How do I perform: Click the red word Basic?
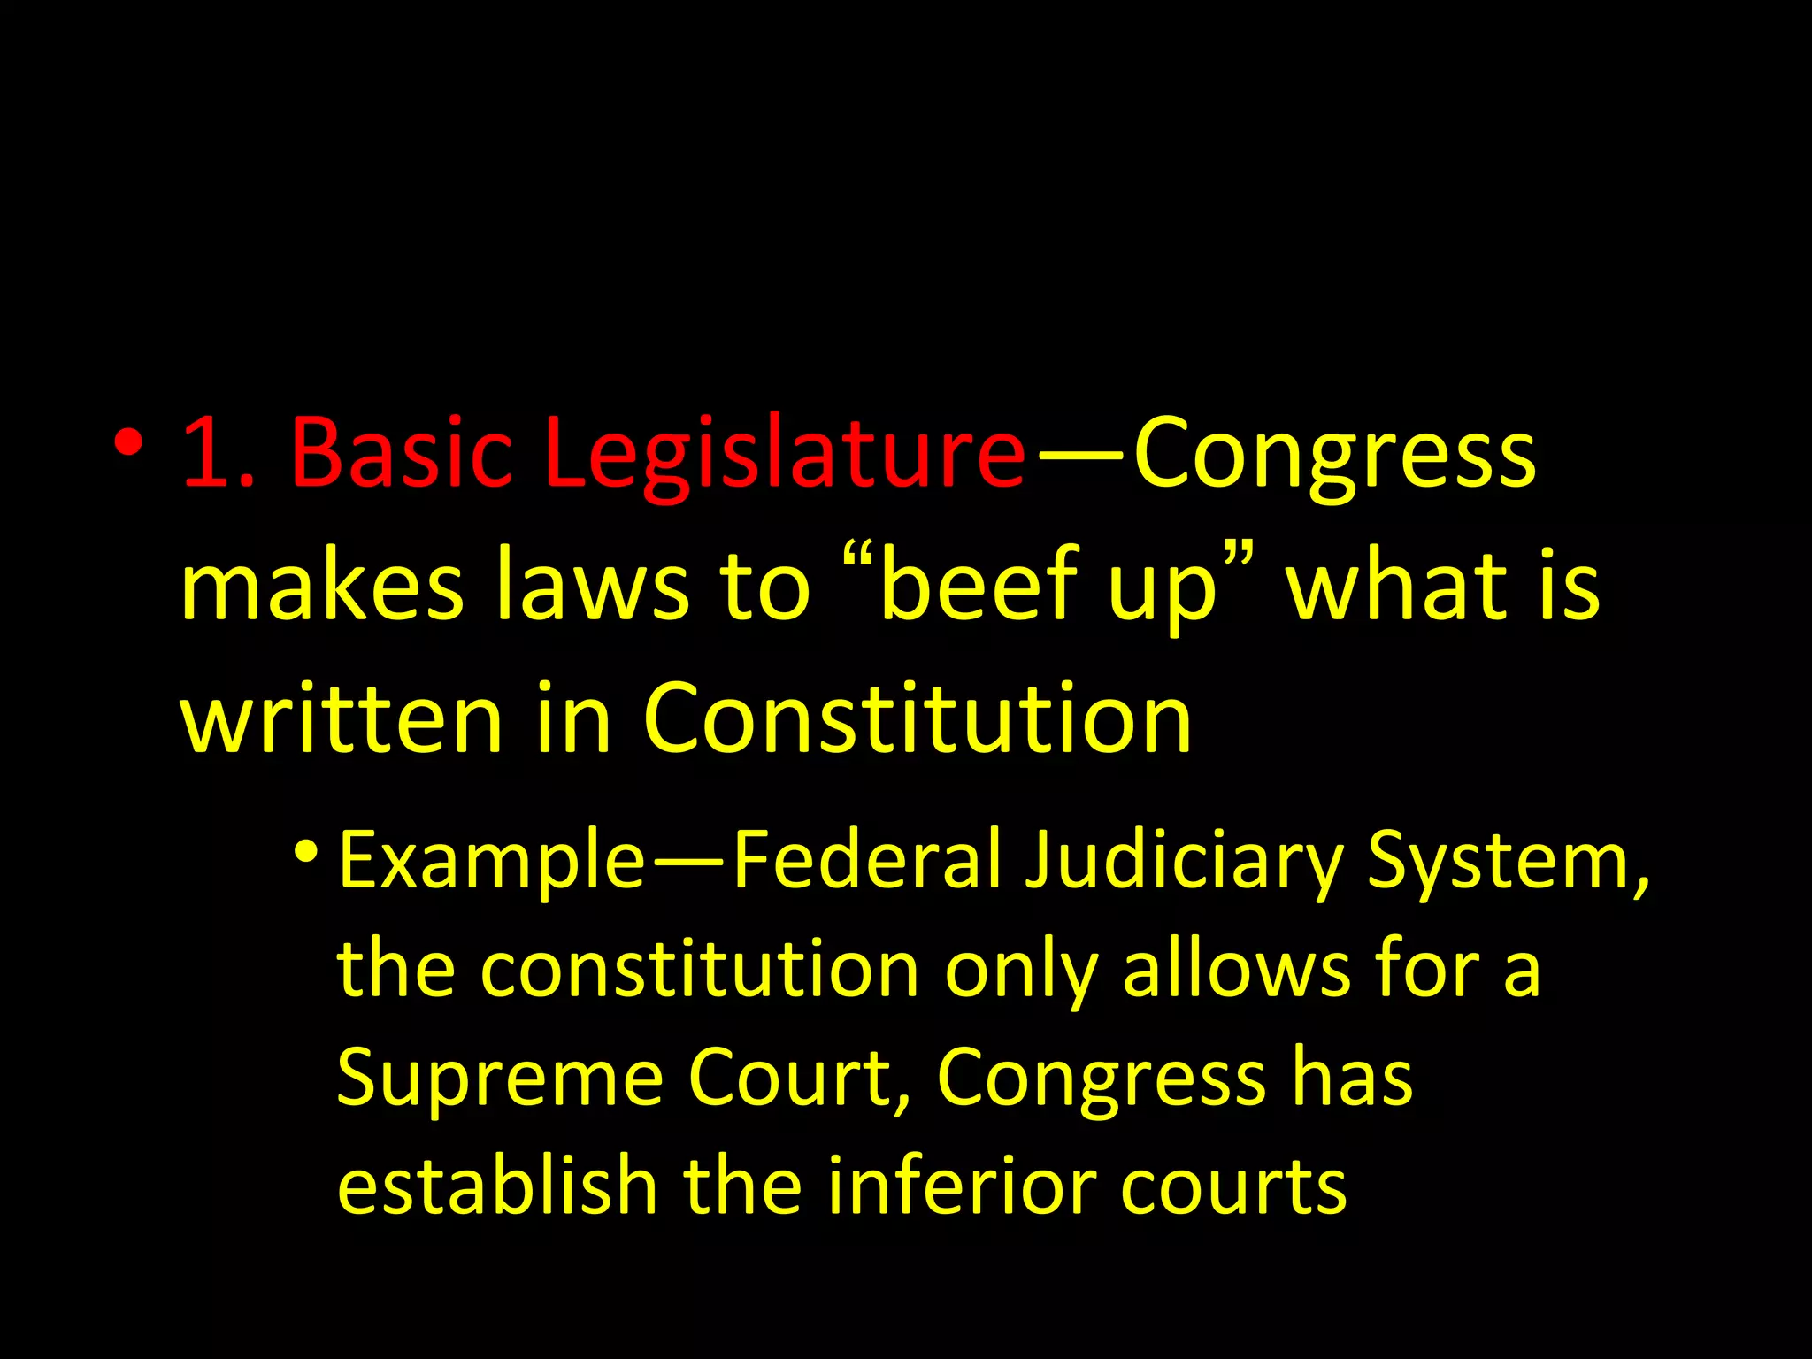click(401, 453)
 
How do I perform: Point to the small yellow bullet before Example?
click(306, 852)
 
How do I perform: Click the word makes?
click(321, 586)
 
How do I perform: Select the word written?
click(342, 718)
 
